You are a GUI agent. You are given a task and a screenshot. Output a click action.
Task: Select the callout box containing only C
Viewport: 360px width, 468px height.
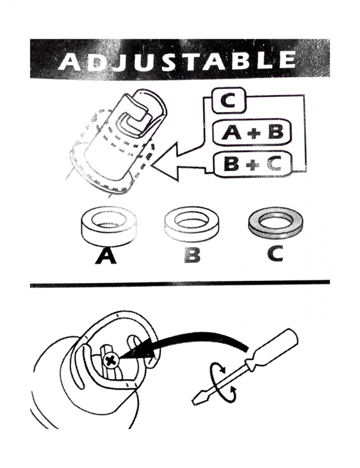228,102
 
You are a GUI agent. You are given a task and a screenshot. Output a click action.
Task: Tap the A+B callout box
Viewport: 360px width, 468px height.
252,132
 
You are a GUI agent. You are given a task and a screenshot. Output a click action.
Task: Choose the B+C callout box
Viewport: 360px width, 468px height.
252,163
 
